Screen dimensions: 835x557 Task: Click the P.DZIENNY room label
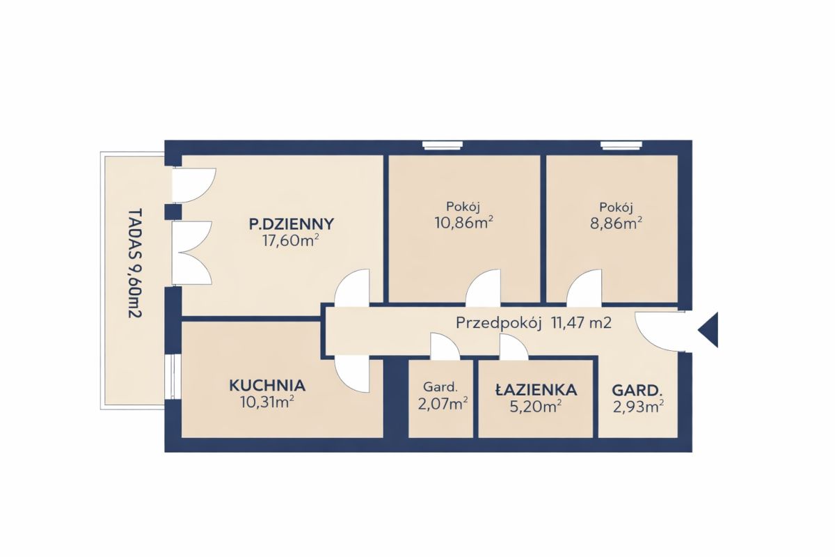coord(292,224)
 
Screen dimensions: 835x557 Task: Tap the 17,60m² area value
coord(291,241)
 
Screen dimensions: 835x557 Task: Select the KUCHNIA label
coord(267,386)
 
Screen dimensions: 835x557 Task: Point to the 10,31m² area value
coord(268,402)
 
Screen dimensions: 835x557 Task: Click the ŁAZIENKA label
coord(536,390)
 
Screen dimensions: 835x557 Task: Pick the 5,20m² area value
coord(536,407)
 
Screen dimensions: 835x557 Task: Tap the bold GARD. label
coord(637,391)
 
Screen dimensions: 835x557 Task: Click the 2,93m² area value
coord(638,407)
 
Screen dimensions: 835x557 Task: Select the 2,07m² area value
coord(443,404)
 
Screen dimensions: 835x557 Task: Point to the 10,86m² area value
coord(464,223)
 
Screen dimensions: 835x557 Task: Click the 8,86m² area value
coord(616,223)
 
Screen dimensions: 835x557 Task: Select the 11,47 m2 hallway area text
coord(582,322)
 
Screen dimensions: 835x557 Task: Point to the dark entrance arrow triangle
coord(708,330)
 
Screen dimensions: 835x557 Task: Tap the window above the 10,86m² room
coord(443,145)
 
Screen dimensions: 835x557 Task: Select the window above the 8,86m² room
coord(621,145)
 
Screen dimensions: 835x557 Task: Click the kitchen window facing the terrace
coord(173,377)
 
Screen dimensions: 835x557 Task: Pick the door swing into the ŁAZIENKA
coord(514,347)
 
